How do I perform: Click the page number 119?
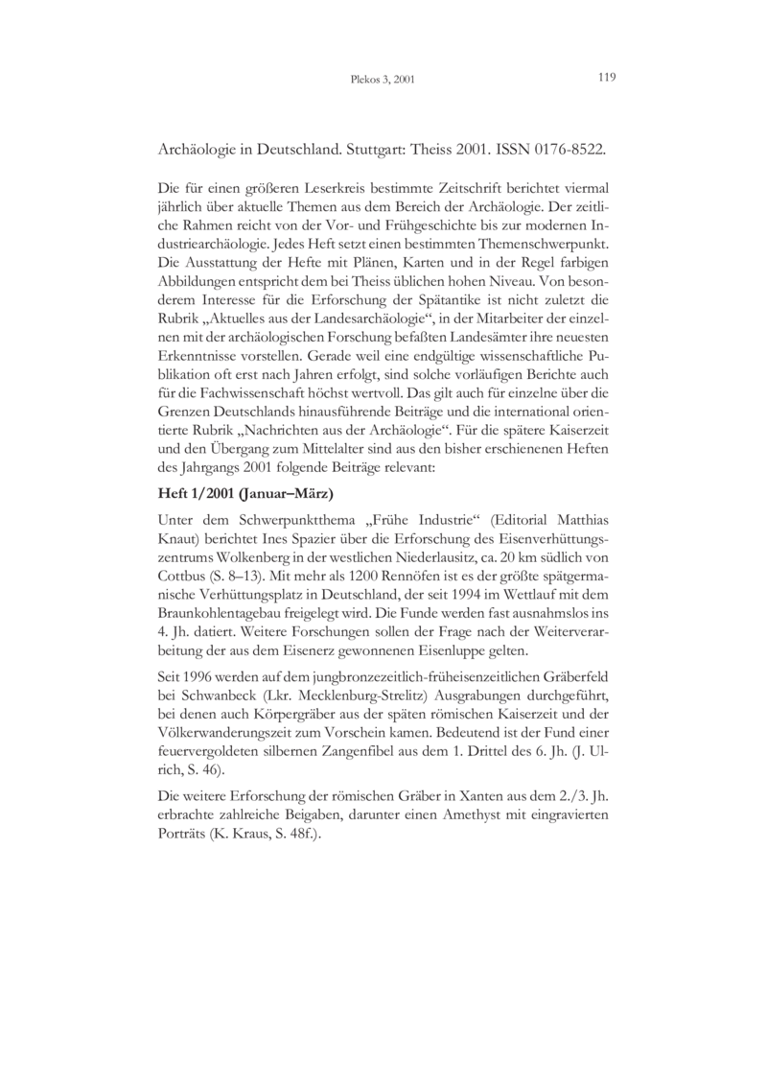[605, 78]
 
